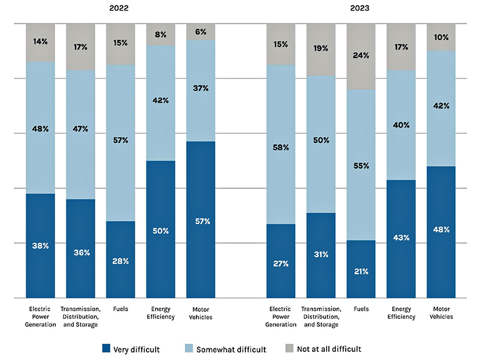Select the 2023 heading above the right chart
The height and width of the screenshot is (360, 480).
tap(360, 9)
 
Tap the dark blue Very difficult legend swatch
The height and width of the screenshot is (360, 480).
tap(106, 349)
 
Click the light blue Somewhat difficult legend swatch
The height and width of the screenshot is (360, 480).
tap(188, 349)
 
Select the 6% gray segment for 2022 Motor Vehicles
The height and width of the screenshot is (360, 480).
tap(200, 32)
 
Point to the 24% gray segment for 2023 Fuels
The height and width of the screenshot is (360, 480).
tap(361, 56)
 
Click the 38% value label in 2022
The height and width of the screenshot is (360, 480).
tap(40, 246)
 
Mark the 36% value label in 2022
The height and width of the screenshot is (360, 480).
tap(80, 252)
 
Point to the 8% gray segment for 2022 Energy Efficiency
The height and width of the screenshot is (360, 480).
tap(160, 34)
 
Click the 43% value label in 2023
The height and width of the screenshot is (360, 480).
tap(401, 237)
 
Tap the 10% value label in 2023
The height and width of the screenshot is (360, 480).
tap(441, 37)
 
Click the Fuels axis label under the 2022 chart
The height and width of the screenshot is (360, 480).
tap(120, 309)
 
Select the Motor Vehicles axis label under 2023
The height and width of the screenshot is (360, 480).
tap(441, 313)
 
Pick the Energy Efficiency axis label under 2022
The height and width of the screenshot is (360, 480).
tap(160, 313)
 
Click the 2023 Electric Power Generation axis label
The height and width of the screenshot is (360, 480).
tap(281, 316)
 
